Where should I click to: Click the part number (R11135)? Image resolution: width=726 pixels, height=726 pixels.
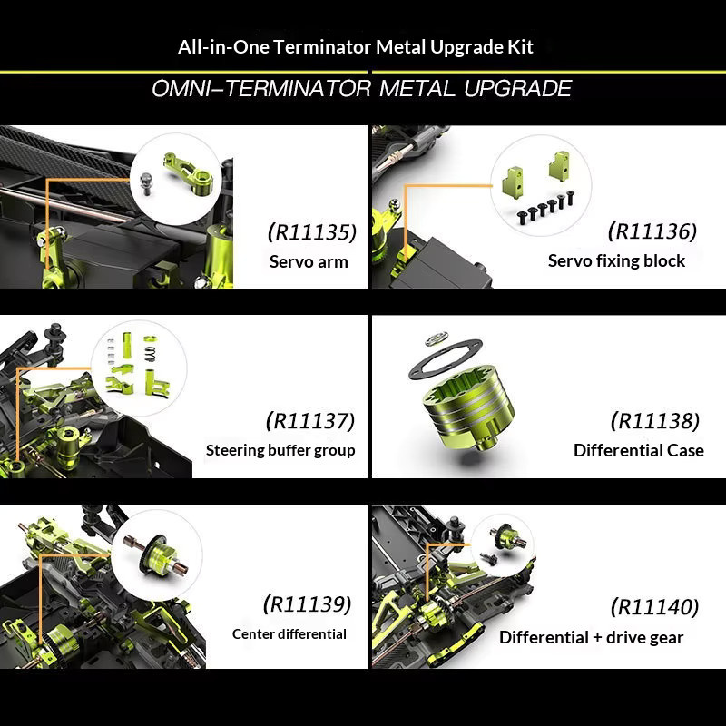tap(312, 232)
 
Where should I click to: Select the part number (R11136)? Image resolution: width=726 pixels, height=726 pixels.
tap(652, 231)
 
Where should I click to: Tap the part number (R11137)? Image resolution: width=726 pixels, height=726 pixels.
tap(310, 421)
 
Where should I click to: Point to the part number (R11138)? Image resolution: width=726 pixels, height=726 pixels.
tap(655, 421)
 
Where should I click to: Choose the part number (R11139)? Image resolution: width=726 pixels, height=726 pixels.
tap(308, 604)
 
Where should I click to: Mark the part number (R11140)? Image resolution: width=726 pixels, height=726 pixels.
tap(654, 607)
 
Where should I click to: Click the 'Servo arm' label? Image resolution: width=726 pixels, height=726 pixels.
tap(309, 262)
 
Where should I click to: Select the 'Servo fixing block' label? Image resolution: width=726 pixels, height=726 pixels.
tap(616, 261)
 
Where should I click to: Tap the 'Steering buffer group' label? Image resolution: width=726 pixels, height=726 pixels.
tap(280, 450)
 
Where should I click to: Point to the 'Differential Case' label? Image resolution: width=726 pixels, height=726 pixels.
tap(639, 450)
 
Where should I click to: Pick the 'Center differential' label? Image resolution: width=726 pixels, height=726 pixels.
tap(289, 633)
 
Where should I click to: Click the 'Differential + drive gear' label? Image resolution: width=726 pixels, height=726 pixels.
tap(592, 638)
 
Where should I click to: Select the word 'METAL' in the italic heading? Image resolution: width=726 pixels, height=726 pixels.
tap(417, 88)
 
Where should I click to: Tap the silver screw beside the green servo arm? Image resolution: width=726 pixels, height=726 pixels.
tap(146, 183)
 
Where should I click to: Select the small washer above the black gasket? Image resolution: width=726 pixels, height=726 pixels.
tap(437, 338)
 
